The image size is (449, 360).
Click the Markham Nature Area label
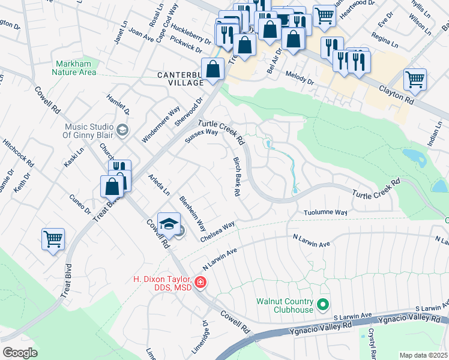point(75,68)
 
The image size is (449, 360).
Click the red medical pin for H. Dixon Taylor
point(200,282)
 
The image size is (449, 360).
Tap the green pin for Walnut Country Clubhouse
point(324,305)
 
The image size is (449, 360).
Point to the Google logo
point(20,352)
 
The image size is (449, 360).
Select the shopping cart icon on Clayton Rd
point(415,79)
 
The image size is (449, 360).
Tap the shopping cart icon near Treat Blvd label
point(53,239)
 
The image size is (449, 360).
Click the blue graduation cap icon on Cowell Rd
point(169,223)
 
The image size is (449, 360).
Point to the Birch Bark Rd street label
point(237,177)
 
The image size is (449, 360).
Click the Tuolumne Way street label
point(325,212)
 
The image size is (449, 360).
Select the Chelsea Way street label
point(217,232)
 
